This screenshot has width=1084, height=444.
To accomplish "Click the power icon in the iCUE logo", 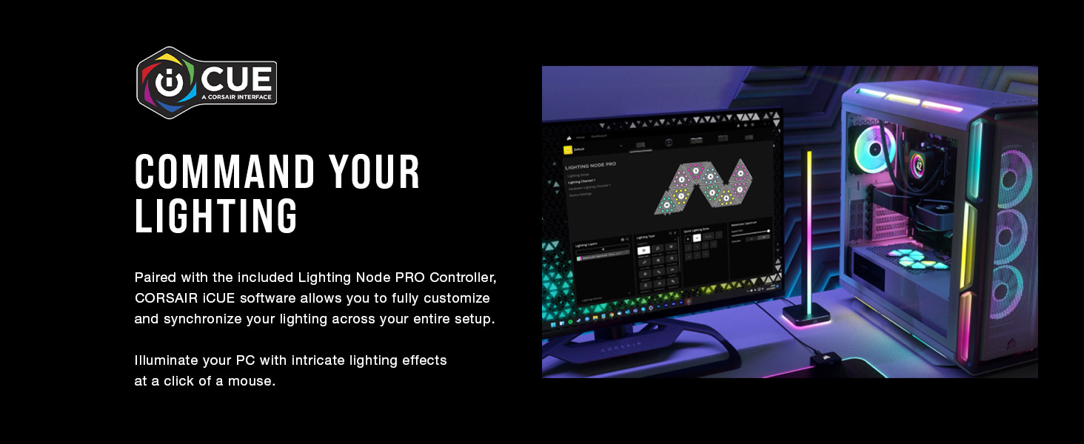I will coord(168,82).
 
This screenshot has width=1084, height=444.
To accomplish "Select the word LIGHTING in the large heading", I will coord(216,217).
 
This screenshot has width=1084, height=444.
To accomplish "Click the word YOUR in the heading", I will coord(375,173).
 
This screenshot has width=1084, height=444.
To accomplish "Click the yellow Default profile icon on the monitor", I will coord(569,148).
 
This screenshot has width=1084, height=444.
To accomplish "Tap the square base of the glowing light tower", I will coord(806,314).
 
